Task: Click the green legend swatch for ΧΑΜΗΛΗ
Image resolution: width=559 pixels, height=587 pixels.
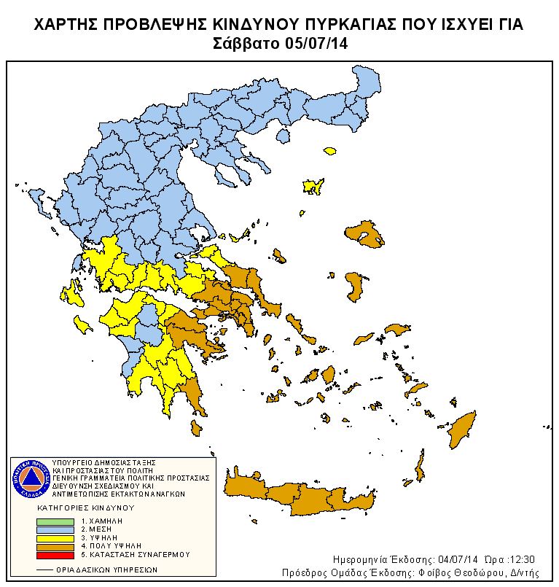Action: (x=56, y=521)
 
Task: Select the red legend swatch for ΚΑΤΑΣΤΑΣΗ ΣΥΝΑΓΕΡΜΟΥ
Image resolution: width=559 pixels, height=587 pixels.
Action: (x=56, y=555)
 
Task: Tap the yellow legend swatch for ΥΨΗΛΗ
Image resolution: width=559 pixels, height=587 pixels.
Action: (x=56, y=538)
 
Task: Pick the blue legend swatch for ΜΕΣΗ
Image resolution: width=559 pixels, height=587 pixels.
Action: (x=56, y=529)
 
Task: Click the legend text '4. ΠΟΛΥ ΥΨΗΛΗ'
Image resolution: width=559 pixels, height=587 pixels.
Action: (x=111, y=545)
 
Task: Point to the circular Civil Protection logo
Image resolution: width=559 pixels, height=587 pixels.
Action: (x=30, y=478)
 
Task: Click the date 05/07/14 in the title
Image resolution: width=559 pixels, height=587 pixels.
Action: (x=316, y=43)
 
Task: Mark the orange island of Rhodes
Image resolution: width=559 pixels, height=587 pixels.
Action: (x=461, y=429)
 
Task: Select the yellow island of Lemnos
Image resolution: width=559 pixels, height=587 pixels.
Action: (x=313, y=186)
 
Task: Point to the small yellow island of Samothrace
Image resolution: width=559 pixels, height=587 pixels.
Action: (x=330, y=152)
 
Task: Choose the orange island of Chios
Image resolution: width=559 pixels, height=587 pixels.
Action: (x=355, y=287)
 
